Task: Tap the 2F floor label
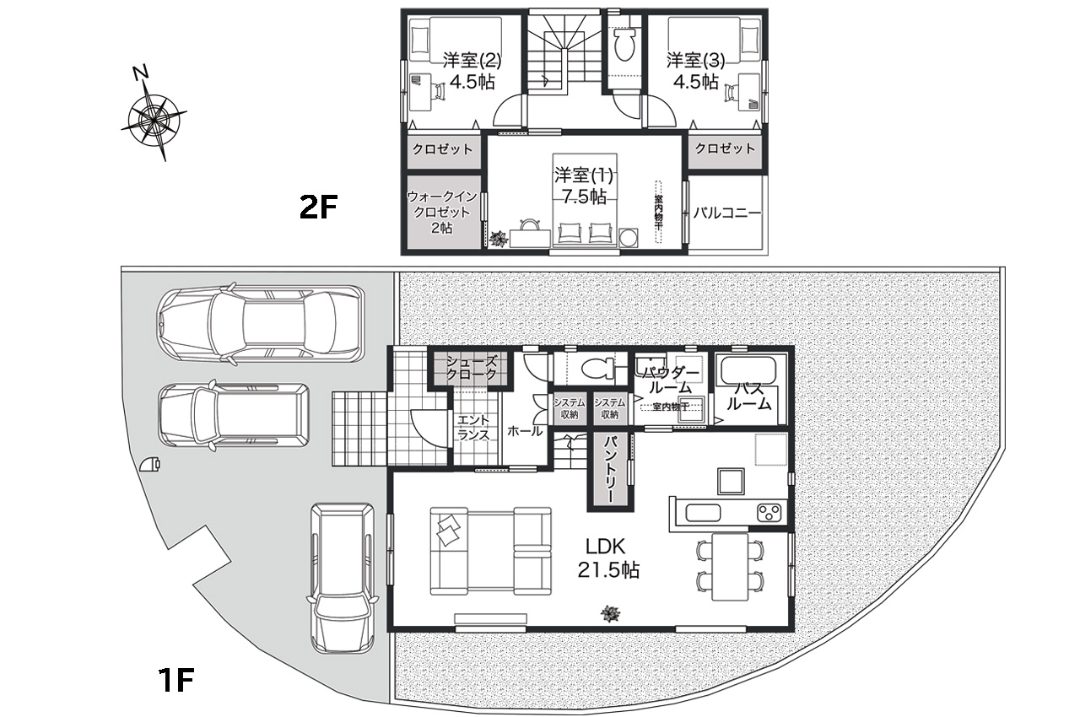click(x=318, y=208)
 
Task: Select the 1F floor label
click(x=176, y=680)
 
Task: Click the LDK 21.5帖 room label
click(x=608, y=558)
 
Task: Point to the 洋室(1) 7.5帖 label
click(x=584, y=186)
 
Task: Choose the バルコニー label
click(x=727, y=213)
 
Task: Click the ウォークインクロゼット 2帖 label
click(x=442, y=212)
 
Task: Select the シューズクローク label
click(x=471, y=367)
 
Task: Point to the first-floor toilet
click(x=598, y=369)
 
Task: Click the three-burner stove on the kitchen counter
click(x=769, y=512)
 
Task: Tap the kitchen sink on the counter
click(x=703, y=513)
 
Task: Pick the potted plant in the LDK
click(x=610, y=613)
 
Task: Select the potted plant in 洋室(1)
click(x=498, y=238)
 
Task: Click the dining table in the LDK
click(x=730, y=567)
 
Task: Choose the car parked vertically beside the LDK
click(x=343, y=578)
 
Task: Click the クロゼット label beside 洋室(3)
click(x=725, y=148)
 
